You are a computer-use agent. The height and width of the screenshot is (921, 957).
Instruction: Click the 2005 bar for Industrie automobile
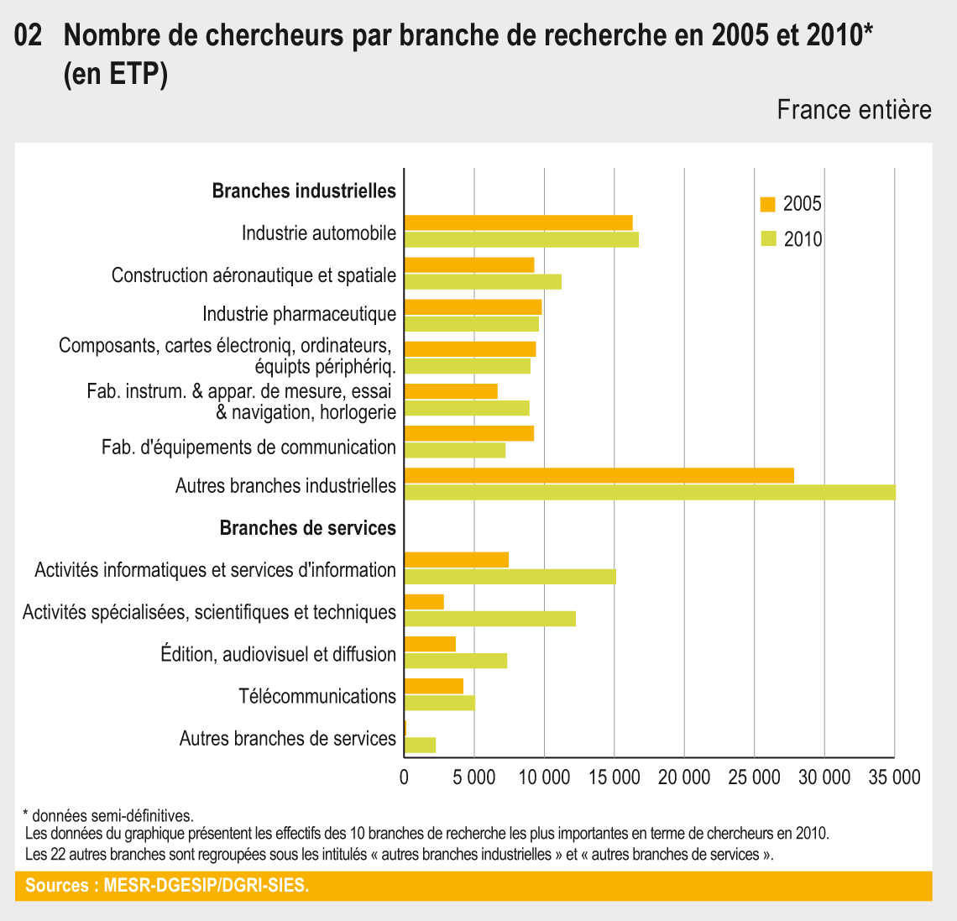click(x=518, y=222)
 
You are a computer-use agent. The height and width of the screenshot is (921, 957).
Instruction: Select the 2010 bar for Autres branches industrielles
click(x=650, y=492)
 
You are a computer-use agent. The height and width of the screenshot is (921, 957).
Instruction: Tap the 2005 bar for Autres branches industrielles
click(x=599, y=475)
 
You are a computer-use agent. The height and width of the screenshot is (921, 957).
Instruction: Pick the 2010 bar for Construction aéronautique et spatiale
click(x=483, y=282)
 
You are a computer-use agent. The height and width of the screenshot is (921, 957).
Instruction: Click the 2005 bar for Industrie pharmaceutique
click(x=473, y=307)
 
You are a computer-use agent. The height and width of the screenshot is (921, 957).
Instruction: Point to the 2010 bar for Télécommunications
click(x=439, y=703)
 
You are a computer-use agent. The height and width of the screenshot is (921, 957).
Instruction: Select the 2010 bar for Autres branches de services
click(x=420, y=745)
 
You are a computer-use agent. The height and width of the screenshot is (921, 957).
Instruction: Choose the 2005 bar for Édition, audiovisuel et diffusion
click(x=430, y=644)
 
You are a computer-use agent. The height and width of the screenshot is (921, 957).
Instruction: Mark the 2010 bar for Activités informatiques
click(x=510, y=577)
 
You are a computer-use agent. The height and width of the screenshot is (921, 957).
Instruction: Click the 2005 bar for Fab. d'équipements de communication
click(x=469, y=433)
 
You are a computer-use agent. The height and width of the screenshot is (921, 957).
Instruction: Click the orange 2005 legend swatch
click(x=767, y=204)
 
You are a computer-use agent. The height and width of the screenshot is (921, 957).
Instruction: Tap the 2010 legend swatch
click(x=767, y=239)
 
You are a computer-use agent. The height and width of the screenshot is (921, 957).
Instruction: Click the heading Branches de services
click(x=307, y=528)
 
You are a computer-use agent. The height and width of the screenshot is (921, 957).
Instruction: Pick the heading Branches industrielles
click(x=304, y=191)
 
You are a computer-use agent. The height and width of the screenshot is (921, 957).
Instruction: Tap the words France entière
click(x=854, y=110)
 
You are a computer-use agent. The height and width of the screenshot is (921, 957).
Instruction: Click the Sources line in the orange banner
click(x=167, y=886)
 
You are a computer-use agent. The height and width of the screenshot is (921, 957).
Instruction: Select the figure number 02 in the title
click(x=29, y=36)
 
